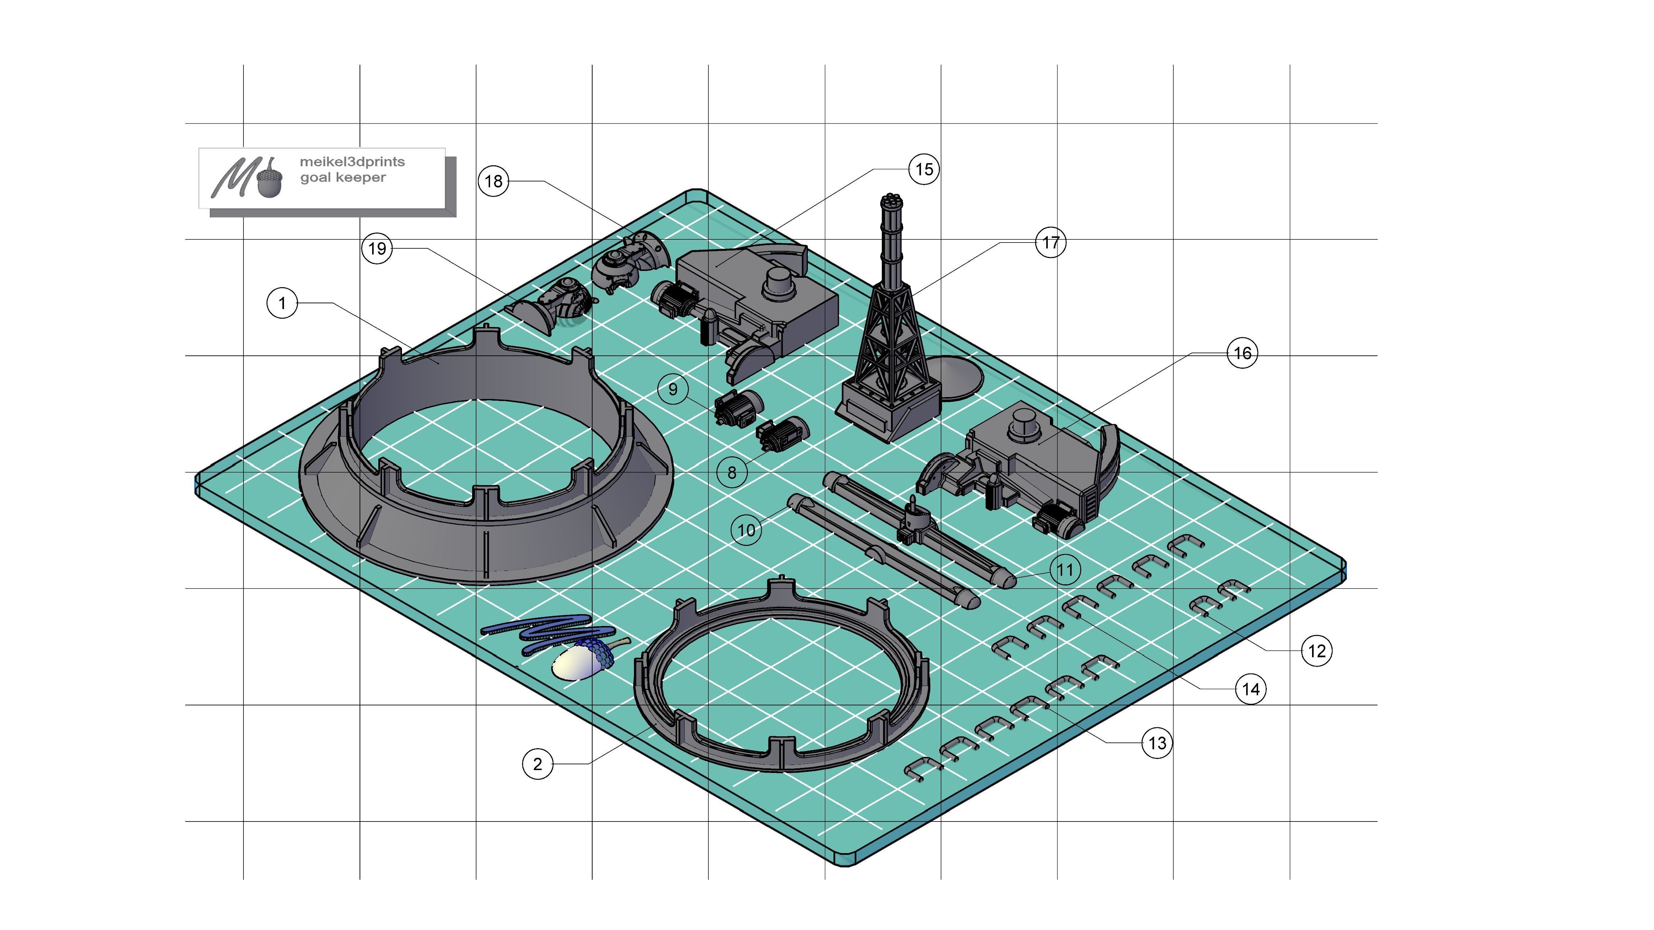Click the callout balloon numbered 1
tap(282, 303)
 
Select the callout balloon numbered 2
tap(538, 764)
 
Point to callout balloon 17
tap(1050, 243)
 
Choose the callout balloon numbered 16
tap(1242, 353)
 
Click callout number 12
tap(1316, 651)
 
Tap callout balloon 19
tap(377, 248)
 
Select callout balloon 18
tap(493, 181)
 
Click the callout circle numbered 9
tap(672, 389)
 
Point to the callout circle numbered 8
tap(732, 473)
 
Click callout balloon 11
tap(1065, 569)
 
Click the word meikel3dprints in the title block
tap(352, 162)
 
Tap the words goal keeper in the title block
tap(343, 178)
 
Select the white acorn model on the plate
tap(576, 661)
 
